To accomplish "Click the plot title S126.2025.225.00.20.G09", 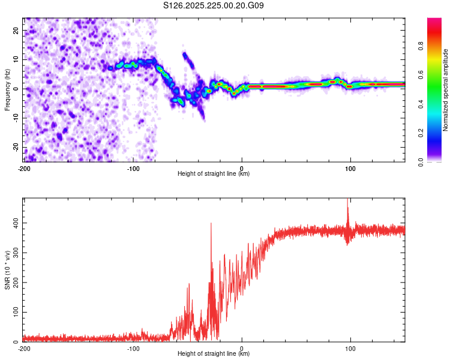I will point(214,6).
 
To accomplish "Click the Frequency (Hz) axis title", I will point(7,90).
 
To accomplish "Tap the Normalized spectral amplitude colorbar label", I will point(446,90).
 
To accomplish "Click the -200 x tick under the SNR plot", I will point(24,349).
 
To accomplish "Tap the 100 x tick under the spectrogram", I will point(350,169).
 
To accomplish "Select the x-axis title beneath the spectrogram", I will point(214,174).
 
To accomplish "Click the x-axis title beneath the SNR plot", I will point(214,354).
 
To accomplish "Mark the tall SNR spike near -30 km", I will point(211,224).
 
